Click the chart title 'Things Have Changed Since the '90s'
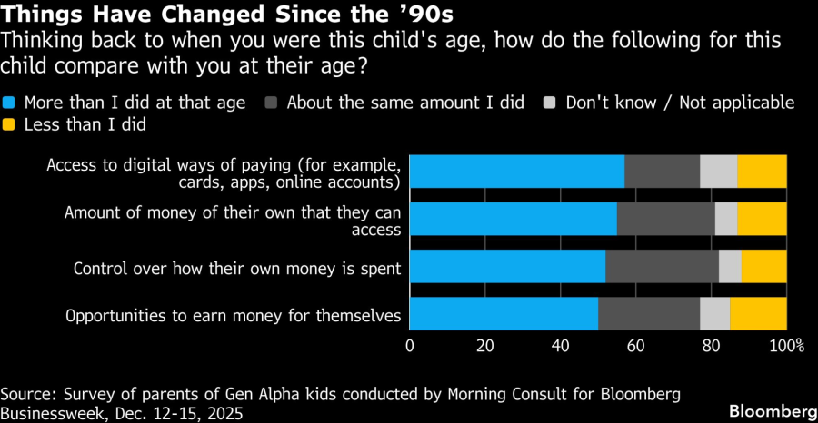(x=228, y=15)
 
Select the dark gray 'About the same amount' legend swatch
(x=272, y=103)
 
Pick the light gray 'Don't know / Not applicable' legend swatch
(x=551, y=103)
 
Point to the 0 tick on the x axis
(x=410, y=346)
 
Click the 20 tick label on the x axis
(x=484, y=346)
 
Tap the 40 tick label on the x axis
(x=560, y=346)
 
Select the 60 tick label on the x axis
(x=635, y=346)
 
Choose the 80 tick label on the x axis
(x=711, y=346)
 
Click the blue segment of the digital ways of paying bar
(x=516, y=172)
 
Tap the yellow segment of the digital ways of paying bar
(x=762, y=172)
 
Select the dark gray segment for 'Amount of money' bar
(x=665, y=219)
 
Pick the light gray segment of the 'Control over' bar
(x=730, y=266)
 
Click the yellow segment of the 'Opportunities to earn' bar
(x=758, y=313)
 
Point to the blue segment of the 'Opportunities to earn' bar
(x=504, y=313)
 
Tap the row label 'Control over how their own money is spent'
(x=237, y=268)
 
